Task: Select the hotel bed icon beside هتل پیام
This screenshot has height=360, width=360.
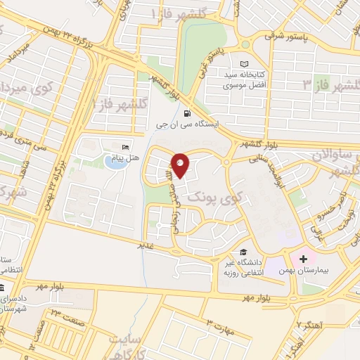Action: (x=126, y=147)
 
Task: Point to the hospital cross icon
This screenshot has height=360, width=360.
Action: (x=303, y=259)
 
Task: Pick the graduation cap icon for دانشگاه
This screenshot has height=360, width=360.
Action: (x=243, y=252)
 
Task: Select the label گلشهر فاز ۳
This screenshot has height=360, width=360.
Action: (x=330, y=84)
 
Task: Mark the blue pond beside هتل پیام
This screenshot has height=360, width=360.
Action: (x=112, y=162)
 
